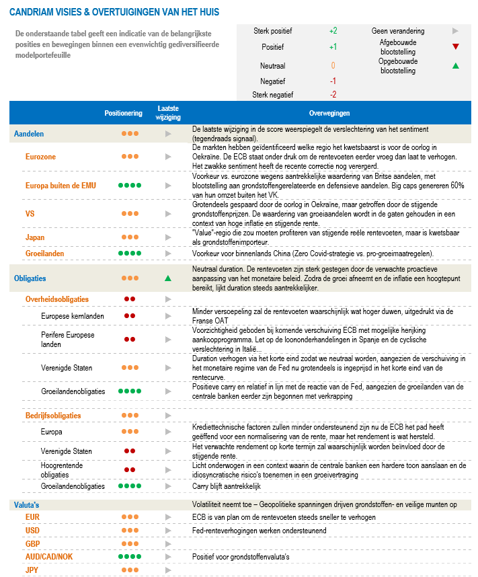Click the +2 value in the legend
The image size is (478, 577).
click(x=333, y=31)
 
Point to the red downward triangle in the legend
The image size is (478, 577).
click(x=456, y=46)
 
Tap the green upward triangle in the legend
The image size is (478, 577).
click(x=456, y=66)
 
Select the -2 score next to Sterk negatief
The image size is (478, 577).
click(x=333, y=94)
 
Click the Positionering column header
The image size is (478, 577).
click(x=123, y=113)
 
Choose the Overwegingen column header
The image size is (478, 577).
click(x=329, y=113)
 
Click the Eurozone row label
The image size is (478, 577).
click(x=40, y=157)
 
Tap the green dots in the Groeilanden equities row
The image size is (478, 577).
click(x=130, y=254)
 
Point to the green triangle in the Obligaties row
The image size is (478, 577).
click(x=168, y=278)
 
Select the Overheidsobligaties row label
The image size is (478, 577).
click(x=56, y=299)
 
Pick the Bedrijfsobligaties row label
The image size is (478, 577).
click(x=53, y=416)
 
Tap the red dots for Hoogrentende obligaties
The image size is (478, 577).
click(x=130, y=469)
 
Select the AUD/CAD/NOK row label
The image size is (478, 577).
click(x=50, y=557)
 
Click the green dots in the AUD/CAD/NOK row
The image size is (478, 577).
click(x=130, y=557)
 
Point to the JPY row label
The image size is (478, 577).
click(x=32, y=570)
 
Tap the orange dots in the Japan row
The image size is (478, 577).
click(x=130, y=237)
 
